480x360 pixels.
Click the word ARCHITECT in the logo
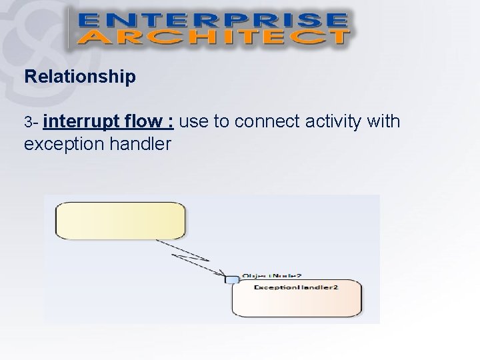click(x=211, y=36)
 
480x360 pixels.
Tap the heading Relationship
click(x=79, y=77)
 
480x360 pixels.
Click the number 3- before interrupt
click(x=33, y=123)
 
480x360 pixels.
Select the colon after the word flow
click(x=172, y=123)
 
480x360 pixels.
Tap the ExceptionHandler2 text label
click(x=296, y=287)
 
